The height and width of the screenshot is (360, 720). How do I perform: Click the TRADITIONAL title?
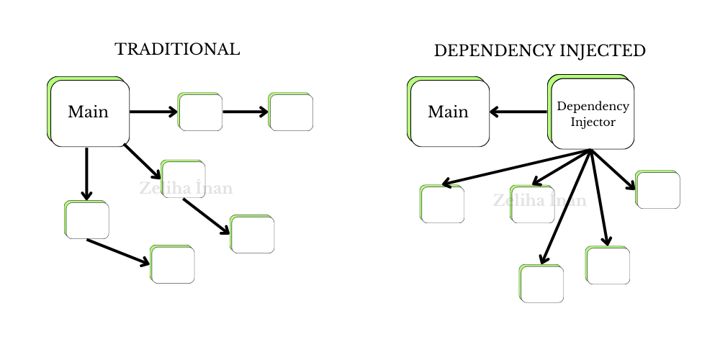177,50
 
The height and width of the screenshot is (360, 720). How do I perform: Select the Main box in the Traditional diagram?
89,112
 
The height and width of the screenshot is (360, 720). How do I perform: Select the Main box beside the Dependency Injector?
449,112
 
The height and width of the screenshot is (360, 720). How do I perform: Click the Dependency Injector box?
592,112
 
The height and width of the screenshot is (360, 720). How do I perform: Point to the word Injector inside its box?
593,122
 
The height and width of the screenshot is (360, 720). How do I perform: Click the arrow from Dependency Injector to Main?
518,112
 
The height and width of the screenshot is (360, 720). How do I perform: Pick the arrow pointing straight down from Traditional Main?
86,173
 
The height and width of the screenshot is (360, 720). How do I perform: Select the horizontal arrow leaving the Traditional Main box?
153,112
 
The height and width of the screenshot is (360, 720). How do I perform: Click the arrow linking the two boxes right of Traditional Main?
245,112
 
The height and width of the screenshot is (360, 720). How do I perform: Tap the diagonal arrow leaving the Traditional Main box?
142,161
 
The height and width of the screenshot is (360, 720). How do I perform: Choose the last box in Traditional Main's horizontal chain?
291,112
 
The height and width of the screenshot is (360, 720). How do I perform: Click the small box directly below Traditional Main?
87,220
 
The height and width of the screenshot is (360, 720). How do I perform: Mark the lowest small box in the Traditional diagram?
173,264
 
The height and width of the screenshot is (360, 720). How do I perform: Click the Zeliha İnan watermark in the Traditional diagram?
186,189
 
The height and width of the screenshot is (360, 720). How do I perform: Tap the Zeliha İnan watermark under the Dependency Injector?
540,200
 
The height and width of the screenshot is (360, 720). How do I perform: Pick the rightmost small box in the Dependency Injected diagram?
658,190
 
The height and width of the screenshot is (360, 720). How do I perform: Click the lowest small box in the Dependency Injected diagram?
541,284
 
